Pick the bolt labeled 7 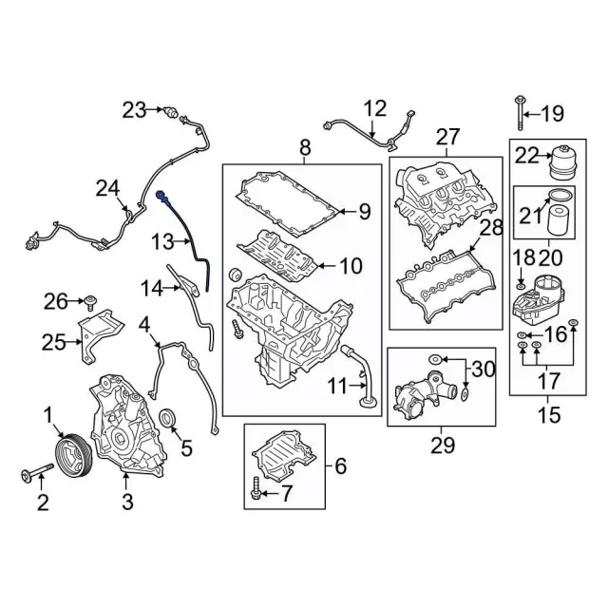pyautogui.click(x=258, y=494)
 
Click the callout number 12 pyautogui.click(x=375, y=108)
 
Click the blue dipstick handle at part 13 pyautogui.click(x=161, y=196)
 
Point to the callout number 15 pyautogui.click(x=549, y=415)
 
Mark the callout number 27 pyautogui.click(x=446, y=139)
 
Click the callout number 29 pyautogui.click(x=442, y=444)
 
